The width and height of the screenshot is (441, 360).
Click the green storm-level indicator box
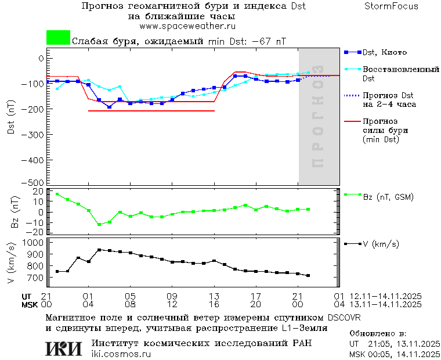tap(58, 38)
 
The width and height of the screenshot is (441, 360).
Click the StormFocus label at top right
tap(391, 6)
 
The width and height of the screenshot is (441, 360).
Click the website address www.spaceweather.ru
tap(187, 26)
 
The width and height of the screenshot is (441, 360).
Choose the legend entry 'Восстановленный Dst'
tap(400, 73)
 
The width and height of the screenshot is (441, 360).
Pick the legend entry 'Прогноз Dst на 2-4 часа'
tap(389, 99)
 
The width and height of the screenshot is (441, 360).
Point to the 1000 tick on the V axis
tap(33, 242)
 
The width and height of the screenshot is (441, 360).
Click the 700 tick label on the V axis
tap(35, 278)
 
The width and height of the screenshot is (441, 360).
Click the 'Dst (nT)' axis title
tap(11, 119)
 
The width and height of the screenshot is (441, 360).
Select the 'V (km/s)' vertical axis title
tap(11, 264)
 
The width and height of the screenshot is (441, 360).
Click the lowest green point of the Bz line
tap(99, 224)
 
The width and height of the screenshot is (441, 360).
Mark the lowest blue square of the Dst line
tap(109, 107)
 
